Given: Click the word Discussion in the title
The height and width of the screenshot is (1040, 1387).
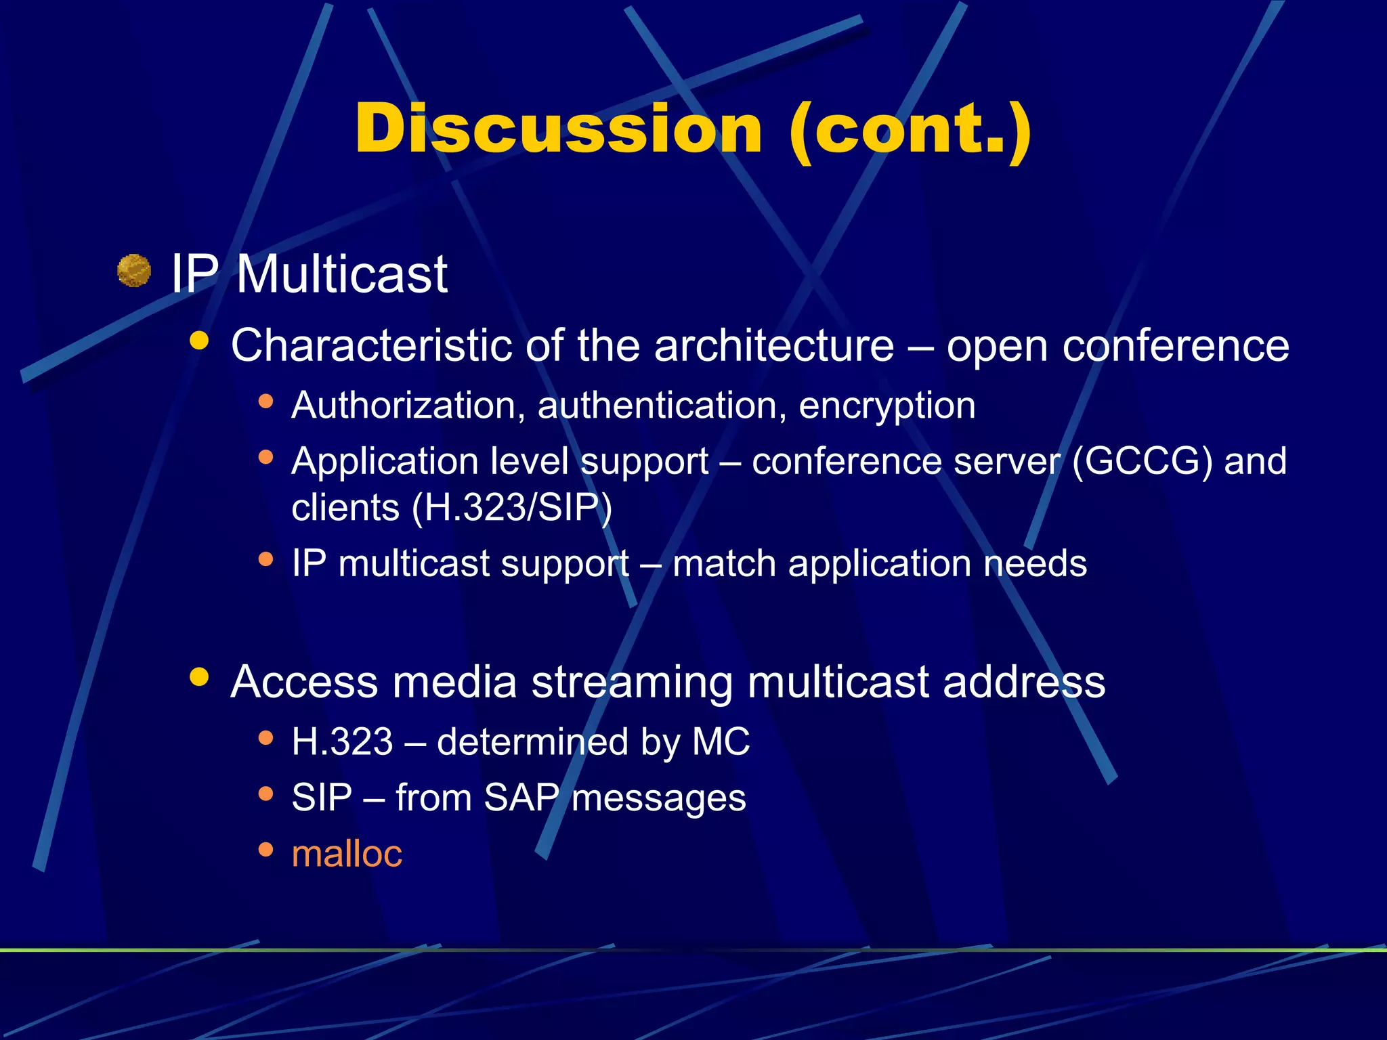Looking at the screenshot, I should coord(558,129).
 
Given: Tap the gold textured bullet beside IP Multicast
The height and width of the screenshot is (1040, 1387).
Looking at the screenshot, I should coord(133,271).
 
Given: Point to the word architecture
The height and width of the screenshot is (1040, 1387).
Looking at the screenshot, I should coord(774,345).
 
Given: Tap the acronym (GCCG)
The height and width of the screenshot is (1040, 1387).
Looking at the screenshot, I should coord(1142,462).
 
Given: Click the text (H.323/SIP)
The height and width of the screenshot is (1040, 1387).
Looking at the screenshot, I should coord(512,508).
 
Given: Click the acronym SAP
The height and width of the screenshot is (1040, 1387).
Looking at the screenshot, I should coord(521,798).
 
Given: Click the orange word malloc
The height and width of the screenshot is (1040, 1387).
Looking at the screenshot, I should coord(347,853).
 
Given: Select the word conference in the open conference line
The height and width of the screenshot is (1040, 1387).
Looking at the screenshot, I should coord(1175,345).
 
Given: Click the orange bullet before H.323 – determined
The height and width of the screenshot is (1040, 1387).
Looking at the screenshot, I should coord(265,738).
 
